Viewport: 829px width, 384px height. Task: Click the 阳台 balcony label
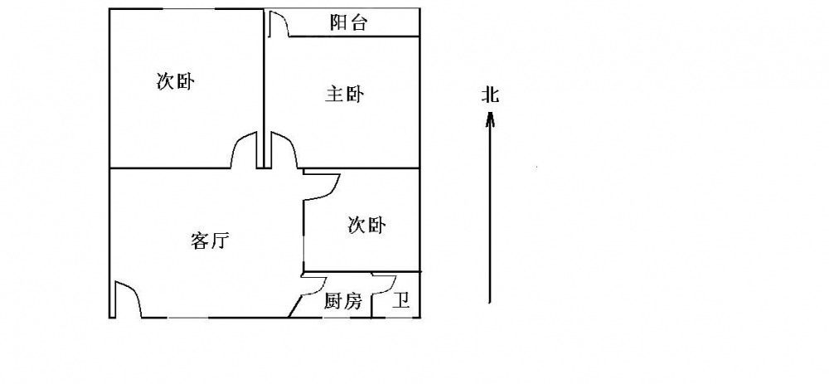click(348, 23)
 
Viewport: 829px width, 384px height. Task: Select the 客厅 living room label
click(209, 241)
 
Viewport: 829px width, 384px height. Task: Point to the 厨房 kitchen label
click(342, 302)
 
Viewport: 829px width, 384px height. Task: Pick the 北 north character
click(490, 95)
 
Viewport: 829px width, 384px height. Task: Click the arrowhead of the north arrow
click(490, 121)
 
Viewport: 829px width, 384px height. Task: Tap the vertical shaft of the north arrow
click(490, 216)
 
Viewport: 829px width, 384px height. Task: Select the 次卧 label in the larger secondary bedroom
click(175, 82)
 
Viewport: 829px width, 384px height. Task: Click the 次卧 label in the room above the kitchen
click(366, 225)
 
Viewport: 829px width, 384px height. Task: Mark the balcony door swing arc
click(279, 25)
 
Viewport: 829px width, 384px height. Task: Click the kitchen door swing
click(313, 285)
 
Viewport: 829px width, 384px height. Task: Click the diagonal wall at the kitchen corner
click(295, 305)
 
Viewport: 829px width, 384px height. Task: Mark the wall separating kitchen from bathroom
click(371, 305)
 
